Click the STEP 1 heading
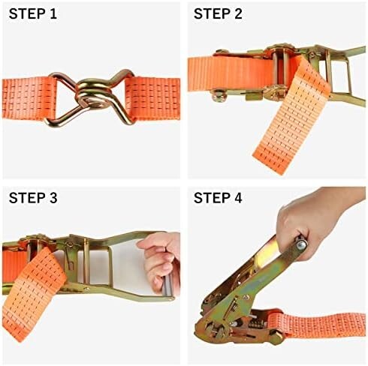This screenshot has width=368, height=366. pos(33,13)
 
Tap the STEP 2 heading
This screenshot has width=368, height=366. pos(218,13)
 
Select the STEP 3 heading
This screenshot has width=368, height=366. pos(33,198)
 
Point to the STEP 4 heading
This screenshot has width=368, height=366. pos(218,198)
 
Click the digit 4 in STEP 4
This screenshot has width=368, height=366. pos(237,198)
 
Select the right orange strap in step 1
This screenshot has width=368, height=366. pos(152,99)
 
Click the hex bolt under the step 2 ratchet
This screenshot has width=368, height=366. pos(217,95)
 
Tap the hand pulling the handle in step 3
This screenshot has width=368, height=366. pos(161,261)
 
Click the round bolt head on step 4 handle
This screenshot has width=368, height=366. pos(301,245)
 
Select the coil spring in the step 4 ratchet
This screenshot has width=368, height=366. pos(255,324)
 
